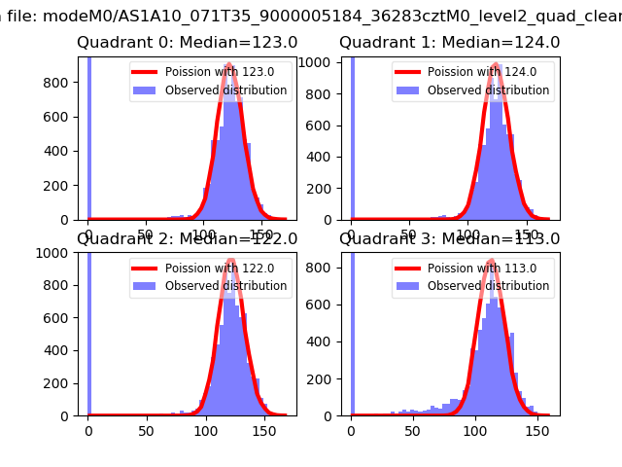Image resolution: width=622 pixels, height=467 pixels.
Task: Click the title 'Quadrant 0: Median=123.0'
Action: tap(188, 43)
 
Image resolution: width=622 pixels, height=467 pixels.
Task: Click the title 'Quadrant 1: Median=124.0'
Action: tap(449, 43)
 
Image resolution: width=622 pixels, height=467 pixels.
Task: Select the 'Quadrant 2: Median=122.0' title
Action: tap(188, 239)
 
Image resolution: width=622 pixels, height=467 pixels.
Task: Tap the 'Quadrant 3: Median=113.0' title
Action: tap(449, 239)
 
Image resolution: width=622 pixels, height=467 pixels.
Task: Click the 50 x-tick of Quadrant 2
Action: tap(145, 431)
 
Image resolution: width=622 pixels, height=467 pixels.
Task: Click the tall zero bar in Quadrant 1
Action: tap(352, 136)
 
